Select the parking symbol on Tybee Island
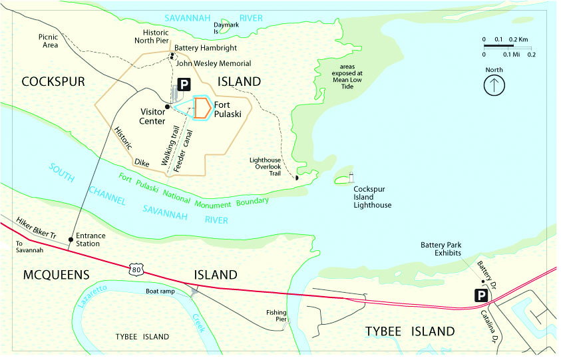[x=480, y=295]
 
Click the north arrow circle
[x=494, y=85]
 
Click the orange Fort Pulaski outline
[x=202, y=108]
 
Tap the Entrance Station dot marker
[x=71, y=236]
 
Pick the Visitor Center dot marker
[x=167, y=106]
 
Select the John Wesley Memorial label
[x=213, y=63]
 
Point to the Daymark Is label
[x=225, y=28]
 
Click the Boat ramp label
[x=160, y=291]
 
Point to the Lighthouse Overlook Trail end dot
[x=297, y=177]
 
